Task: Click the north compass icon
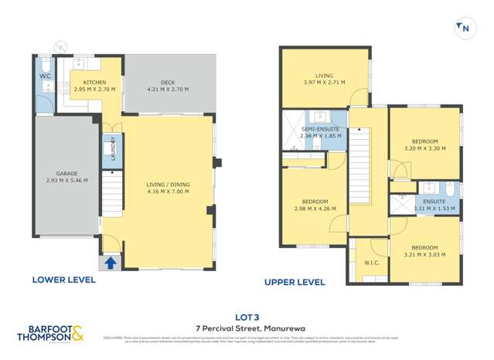coord(464,28)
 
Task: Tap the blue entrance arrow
coord(110,263)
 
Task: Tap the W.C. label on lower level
coord(44,76)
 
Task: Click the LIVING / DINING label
coord(168,185)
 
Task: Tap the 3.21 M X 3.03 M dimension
coord(424,254)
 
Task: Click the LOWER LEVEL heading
coord(64,280)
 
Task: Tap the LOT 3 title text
coord(247,316)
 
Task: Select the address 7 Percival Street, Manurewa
coord(247,328)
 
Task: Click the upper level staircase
coord(360,166)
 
